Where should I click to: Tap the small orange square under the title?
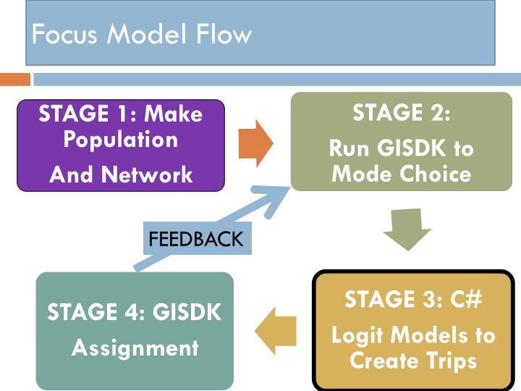point(14,79)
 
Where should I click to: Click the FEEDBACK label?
point(195,239)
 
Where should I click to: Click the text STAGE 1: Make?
point(120,114)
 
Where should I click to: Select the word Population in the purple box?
point(120,140)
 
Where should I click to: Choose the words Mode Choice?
point(401,174)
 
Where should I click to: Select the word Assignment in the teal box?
point(135,348)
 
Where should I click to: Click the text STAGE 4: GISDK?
point(135,312)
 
